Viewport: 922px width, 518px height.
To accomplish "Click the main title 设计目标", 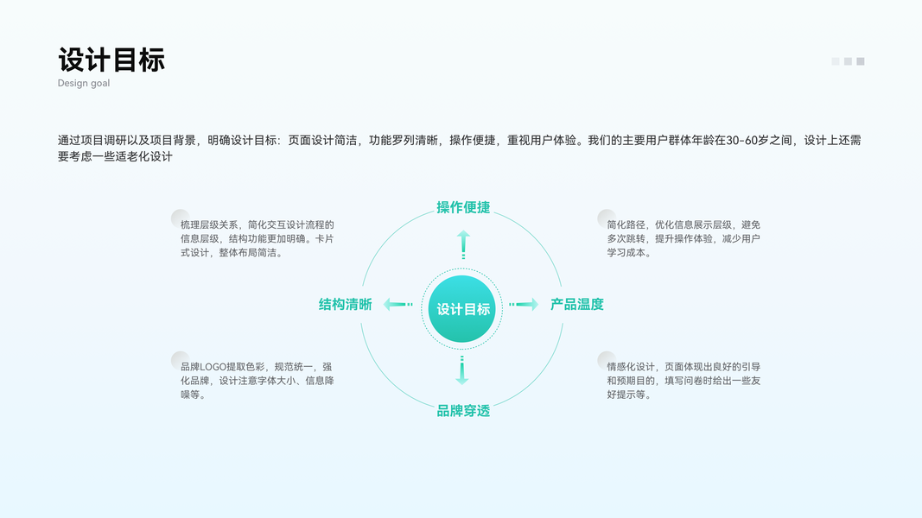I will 111,60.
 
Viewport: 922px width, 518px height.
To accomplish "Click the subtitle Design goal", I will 84,84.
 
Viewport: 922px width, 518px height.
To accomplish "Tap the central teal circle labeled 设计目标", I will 462,309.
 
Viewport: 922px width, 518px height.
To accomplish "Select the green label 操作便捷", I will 463,207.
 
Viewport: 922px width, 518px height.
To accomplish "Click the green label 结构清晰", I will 346,304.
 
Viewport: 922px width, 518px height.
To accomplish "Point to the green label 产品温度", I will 577,304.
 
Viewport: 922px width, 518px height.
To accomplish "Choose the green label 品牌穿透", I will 463,411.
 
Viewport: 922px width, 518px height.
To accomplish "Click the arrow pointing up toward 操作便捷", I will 463,244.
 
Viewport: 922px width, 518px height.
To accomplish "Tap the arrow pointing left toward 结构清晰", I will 397,304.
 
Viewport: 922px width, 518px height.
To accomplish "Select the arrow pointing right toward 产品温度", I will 524,304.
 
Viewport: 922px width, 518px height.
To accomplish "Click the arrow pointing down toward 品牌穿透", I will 462,370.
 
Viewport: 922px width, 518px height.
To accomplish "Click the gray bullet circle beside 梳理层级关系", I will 180,218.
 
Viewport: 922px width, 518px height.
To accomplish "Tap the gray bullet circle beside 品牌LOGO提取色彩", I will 180,360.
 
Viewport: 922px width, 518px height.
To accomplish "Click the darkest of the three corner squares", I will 861,61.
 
